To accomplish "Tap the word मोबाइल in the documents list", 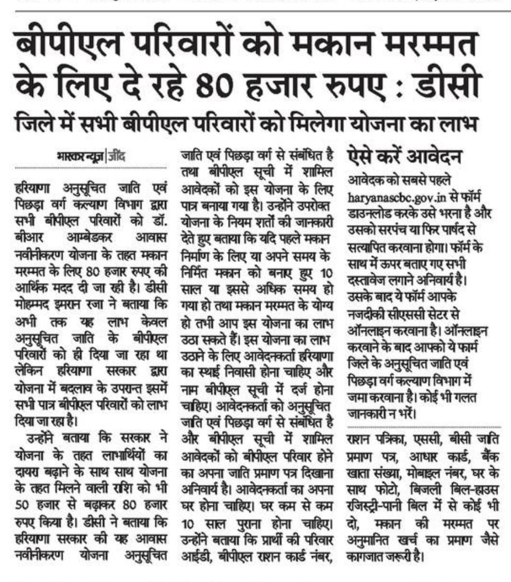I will tap(424, 473).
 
